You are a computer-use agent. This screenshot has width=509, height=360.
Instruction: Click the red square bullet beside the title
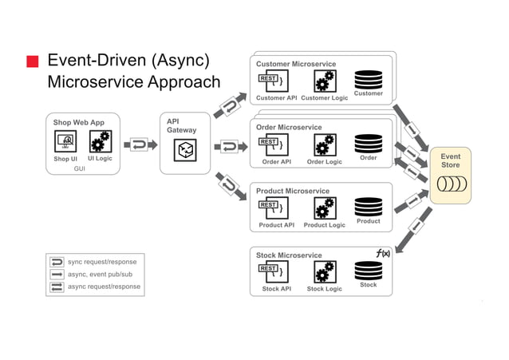point(33,62)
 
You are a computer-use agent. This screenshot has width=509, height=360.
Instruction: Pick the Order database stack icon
point(368,143)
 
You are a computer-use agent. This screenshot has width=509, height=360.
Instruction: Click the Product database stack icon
point(368,207)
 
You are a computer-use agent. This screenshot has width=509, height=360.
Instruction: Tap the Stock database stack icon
point(368,270)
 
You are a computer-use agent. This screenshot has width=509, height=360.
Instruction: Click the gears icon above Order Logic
point(324,144)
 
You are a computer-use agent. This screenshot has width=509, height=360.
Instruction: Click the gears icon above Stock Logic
point(324,272)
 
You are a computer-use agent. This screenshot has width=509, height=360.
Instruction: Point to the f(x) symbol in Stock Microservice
point(383,253)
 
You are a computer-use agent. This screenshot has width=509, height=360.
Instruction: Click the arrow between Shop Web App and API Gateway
point(140,145)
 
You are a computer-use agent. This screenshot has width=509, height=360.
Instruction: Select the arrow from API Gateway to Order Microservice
point(229,146)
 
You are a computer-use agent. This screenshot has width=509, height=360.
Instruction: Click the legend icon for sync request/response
point(57,262)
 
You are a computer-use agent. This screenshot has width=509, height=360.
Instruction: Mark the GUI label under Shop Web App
point(80,169)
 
